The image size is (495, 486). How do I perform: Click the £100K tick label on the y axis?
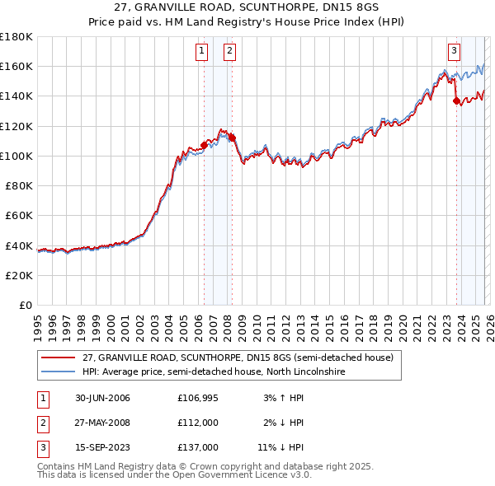pyautogui.click(x=16, y=156)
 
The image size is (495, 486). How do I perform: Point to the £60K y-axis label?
pyautogui.click(x=19, y=215)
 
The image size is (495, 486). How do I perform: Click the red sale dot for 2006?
pyautogui.click(x=205, y=145)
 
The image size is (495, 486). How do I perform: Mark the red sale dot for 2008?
pyautogui.click(x=232, y=138)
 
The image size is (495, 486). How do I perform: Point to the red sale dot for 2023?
pyautogui.click(x=456, y=100)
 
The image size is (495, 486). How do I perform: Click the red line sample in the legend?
pyautogui.click(x=59, y=358)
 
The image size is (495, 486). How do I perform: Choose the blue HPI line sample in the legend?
pyautogui.click(x=59, y=372)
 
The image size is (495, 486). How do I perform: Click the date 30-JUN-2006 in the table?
pyautogui.click(x=102, y=399)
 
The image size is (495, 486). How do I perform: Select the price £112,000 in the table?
pyautogui.click(x=198, y=423)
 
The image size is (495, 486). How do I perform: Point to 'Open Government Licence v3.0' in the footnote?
pyautogui.click(x=240, y=476)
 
